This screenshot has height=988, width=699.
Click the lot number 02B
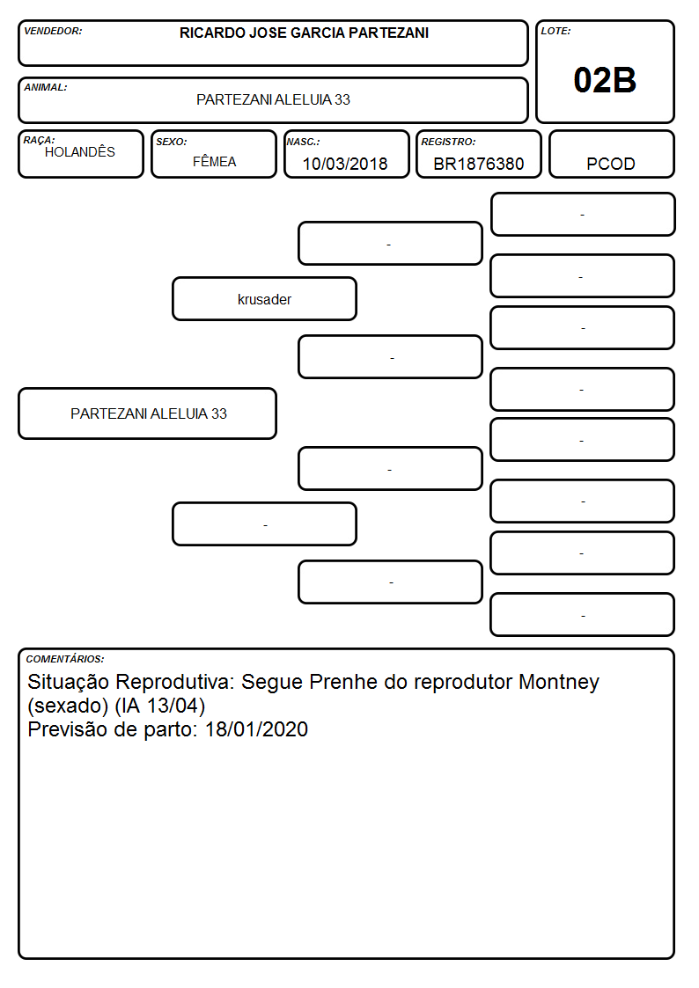pos(605,81)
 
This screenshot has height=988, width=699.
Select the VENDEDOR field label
pos(53,31)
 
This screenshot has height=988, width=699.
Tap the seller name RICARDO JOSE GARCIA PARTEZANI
pos(304,33)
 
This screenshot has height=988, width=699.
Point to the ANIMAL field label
pos(46,87)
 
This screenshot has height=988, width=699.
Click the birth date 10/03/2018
pos(345,164)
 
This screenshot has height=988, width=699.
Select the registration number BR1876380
pos(478,164)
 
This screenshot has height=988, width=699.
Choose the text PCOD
pos(610,164)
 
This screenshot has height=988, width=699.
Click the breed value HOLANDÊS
pos(80,151)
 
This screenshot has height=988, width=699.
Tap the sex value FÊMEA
pos(214,161)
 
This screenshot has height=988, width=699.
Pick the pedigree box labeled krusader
pos(264,299)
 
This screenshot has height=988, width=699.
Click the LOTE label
pos(556,31)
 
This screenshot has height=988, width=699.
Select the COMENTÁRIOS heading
pos(65,659)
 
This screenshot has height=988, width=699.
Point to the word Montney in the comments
pos(558,683)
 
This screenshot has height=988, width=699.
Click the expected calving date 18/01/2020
pos(256,729)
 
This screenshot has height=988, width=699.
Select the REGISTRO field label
pos(448,142)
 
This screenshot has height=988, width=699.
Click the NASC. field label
pos(303,142)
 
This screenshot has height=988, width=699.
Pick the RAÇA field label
pos(39,140)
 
